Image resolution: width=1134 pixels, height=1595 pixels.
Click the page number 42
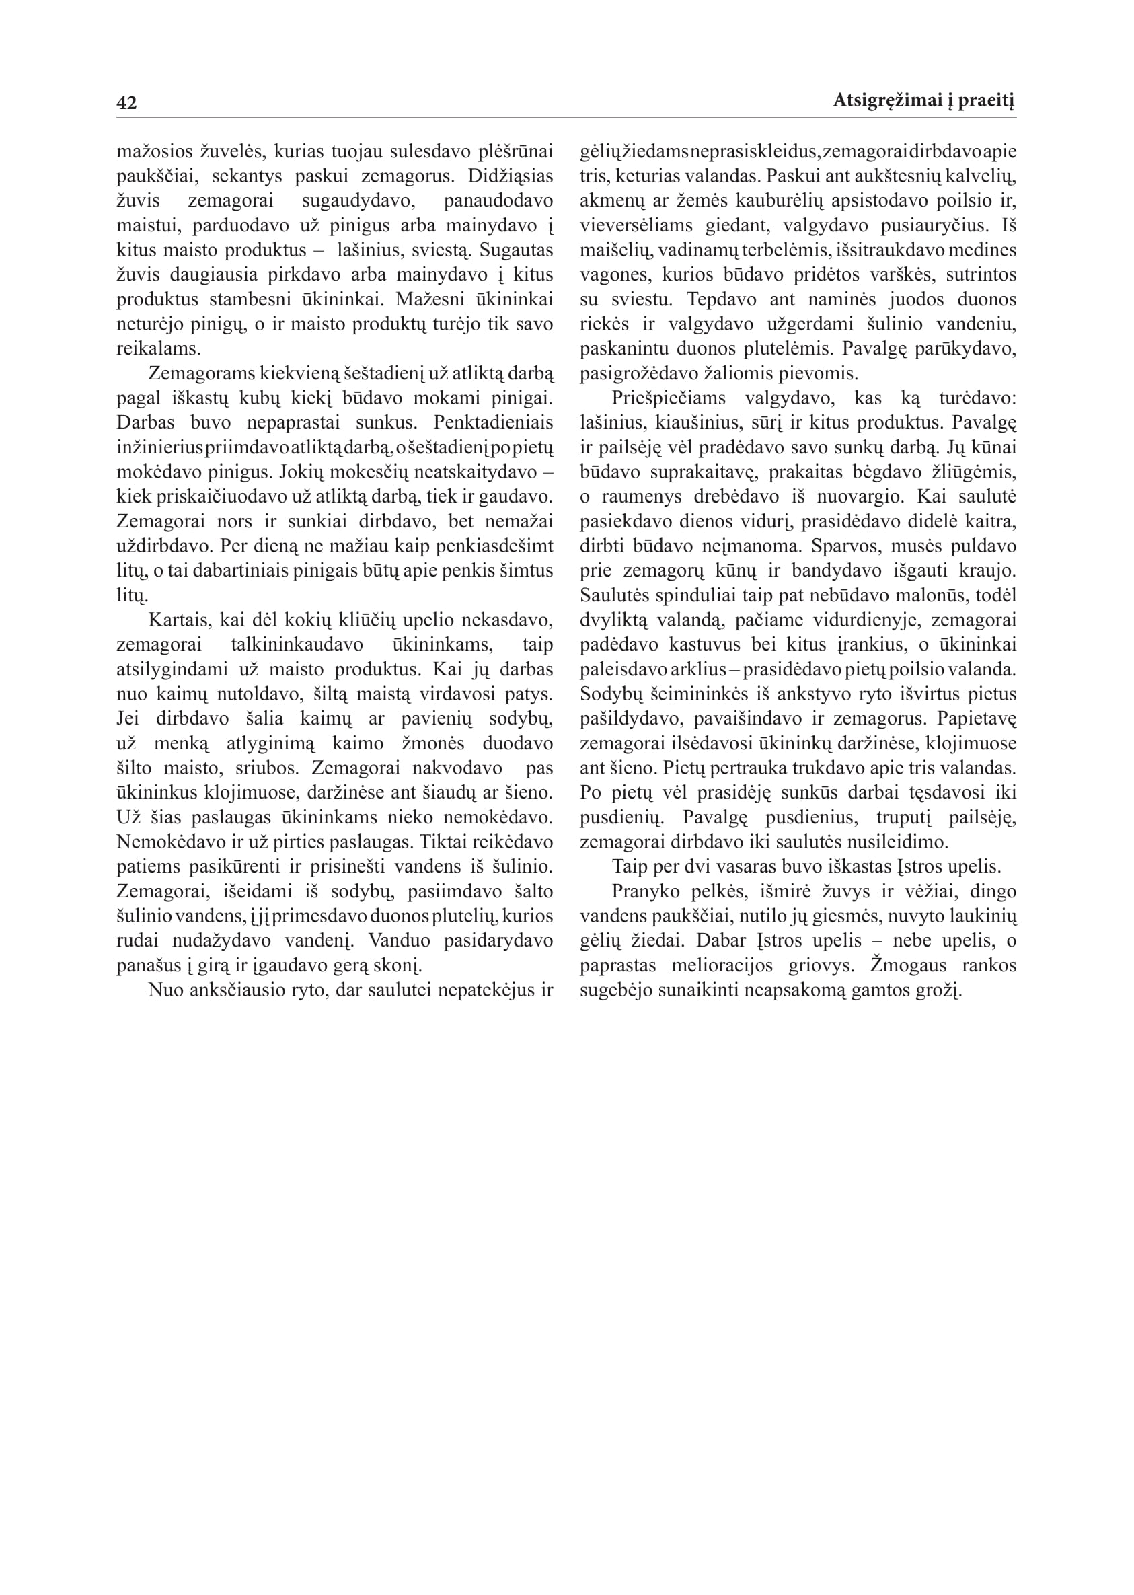click(126, 103)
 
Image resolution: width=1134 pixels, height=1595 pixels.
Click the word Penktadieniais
click(494, 422)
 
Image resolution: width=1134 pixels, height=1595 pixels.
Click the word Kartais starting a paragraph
click(181, 620)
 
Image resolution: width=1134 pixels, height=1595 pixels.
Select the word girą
click(222, 965)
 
